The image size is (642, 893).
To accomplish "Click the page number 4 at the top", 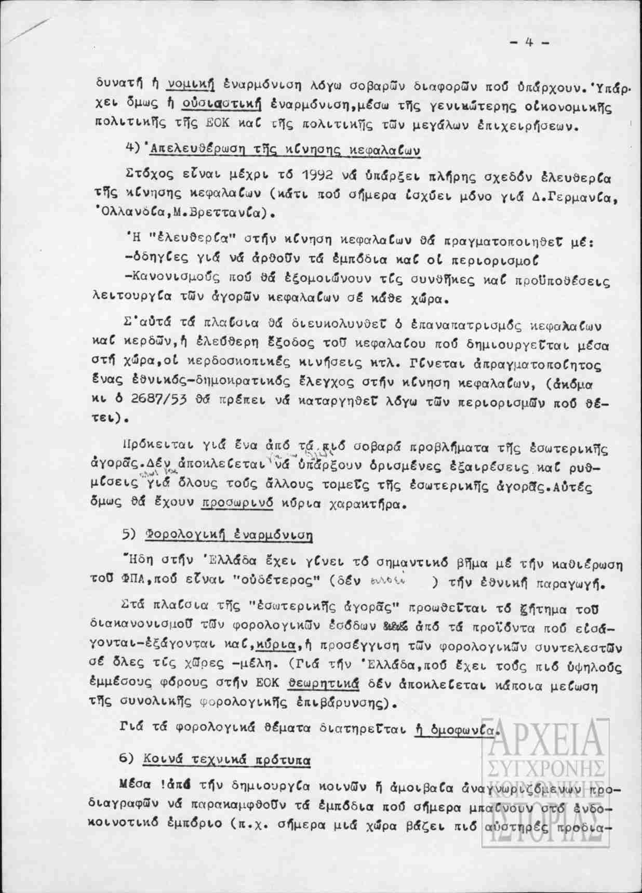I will pyautogui.click(x=530, y=43).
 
